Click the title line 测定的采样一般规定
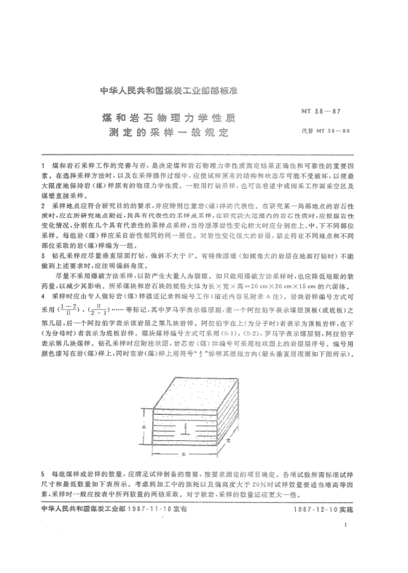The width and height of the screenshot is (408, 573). coord(168,134)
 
